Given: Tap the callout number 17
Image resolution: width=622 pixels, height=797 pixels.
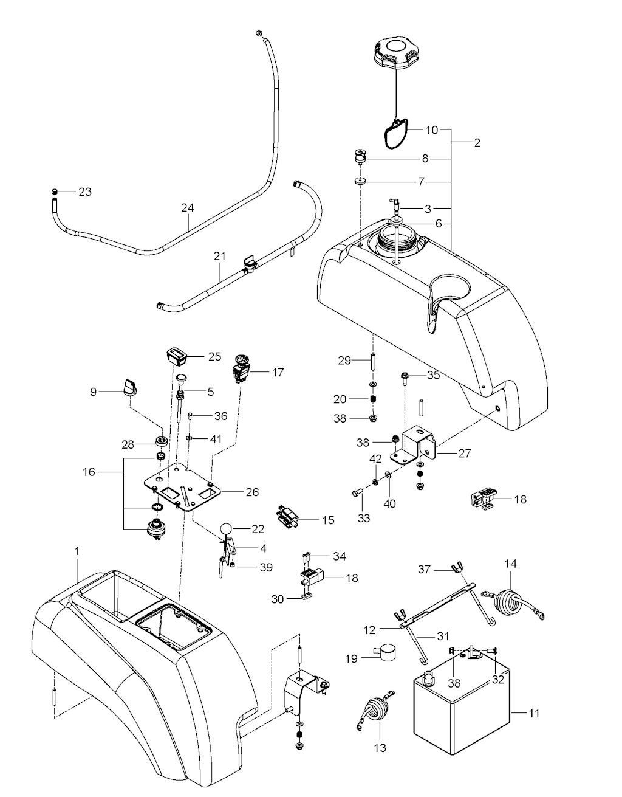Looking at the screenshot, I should point(278,372).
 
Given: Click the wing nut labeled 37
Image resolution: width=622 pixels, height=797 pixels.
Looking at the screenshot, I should point(456,569).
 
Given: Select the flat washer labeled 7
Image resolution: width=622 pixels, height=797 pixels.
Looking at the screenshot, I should point(361,182).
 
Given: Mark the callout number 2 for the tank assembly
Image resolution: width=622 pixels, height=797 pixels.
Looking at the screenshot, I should point(477,143).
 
